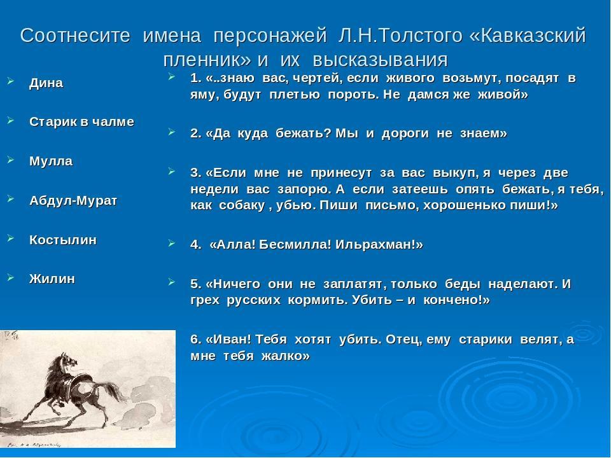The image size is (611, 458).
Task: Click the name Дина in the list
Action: (x=46, y=83)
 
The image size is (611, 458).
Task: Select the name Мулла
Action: (x=51, y=161)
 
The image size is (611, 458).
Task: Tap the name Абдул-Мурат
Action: (x=73, y=200)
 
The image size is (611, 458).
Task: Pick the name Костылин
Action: (x=63, y=240)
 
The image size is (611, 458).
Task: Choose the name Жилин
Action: (x=52, y=279)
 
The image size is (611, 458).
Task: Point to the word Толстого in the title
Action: (x=421, y=36)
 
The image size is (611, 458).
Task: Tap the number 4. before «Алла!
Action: (x=196, y=244)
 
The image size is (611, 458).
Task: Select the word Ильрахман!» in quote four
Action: (x=379, y=244)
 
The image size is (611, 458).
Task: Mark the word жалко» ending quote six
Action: (x=286, y=356)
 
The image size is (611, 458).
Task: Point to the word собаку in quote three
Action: (x=242, y=205)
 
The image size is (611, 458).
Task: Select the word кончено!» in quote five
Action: (x=457, y=300)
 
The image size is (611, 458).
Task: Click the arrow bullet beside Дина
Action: (x=11, y=81)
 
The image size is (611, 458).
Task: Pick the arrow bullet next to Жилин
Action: (x=11, y=277)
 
